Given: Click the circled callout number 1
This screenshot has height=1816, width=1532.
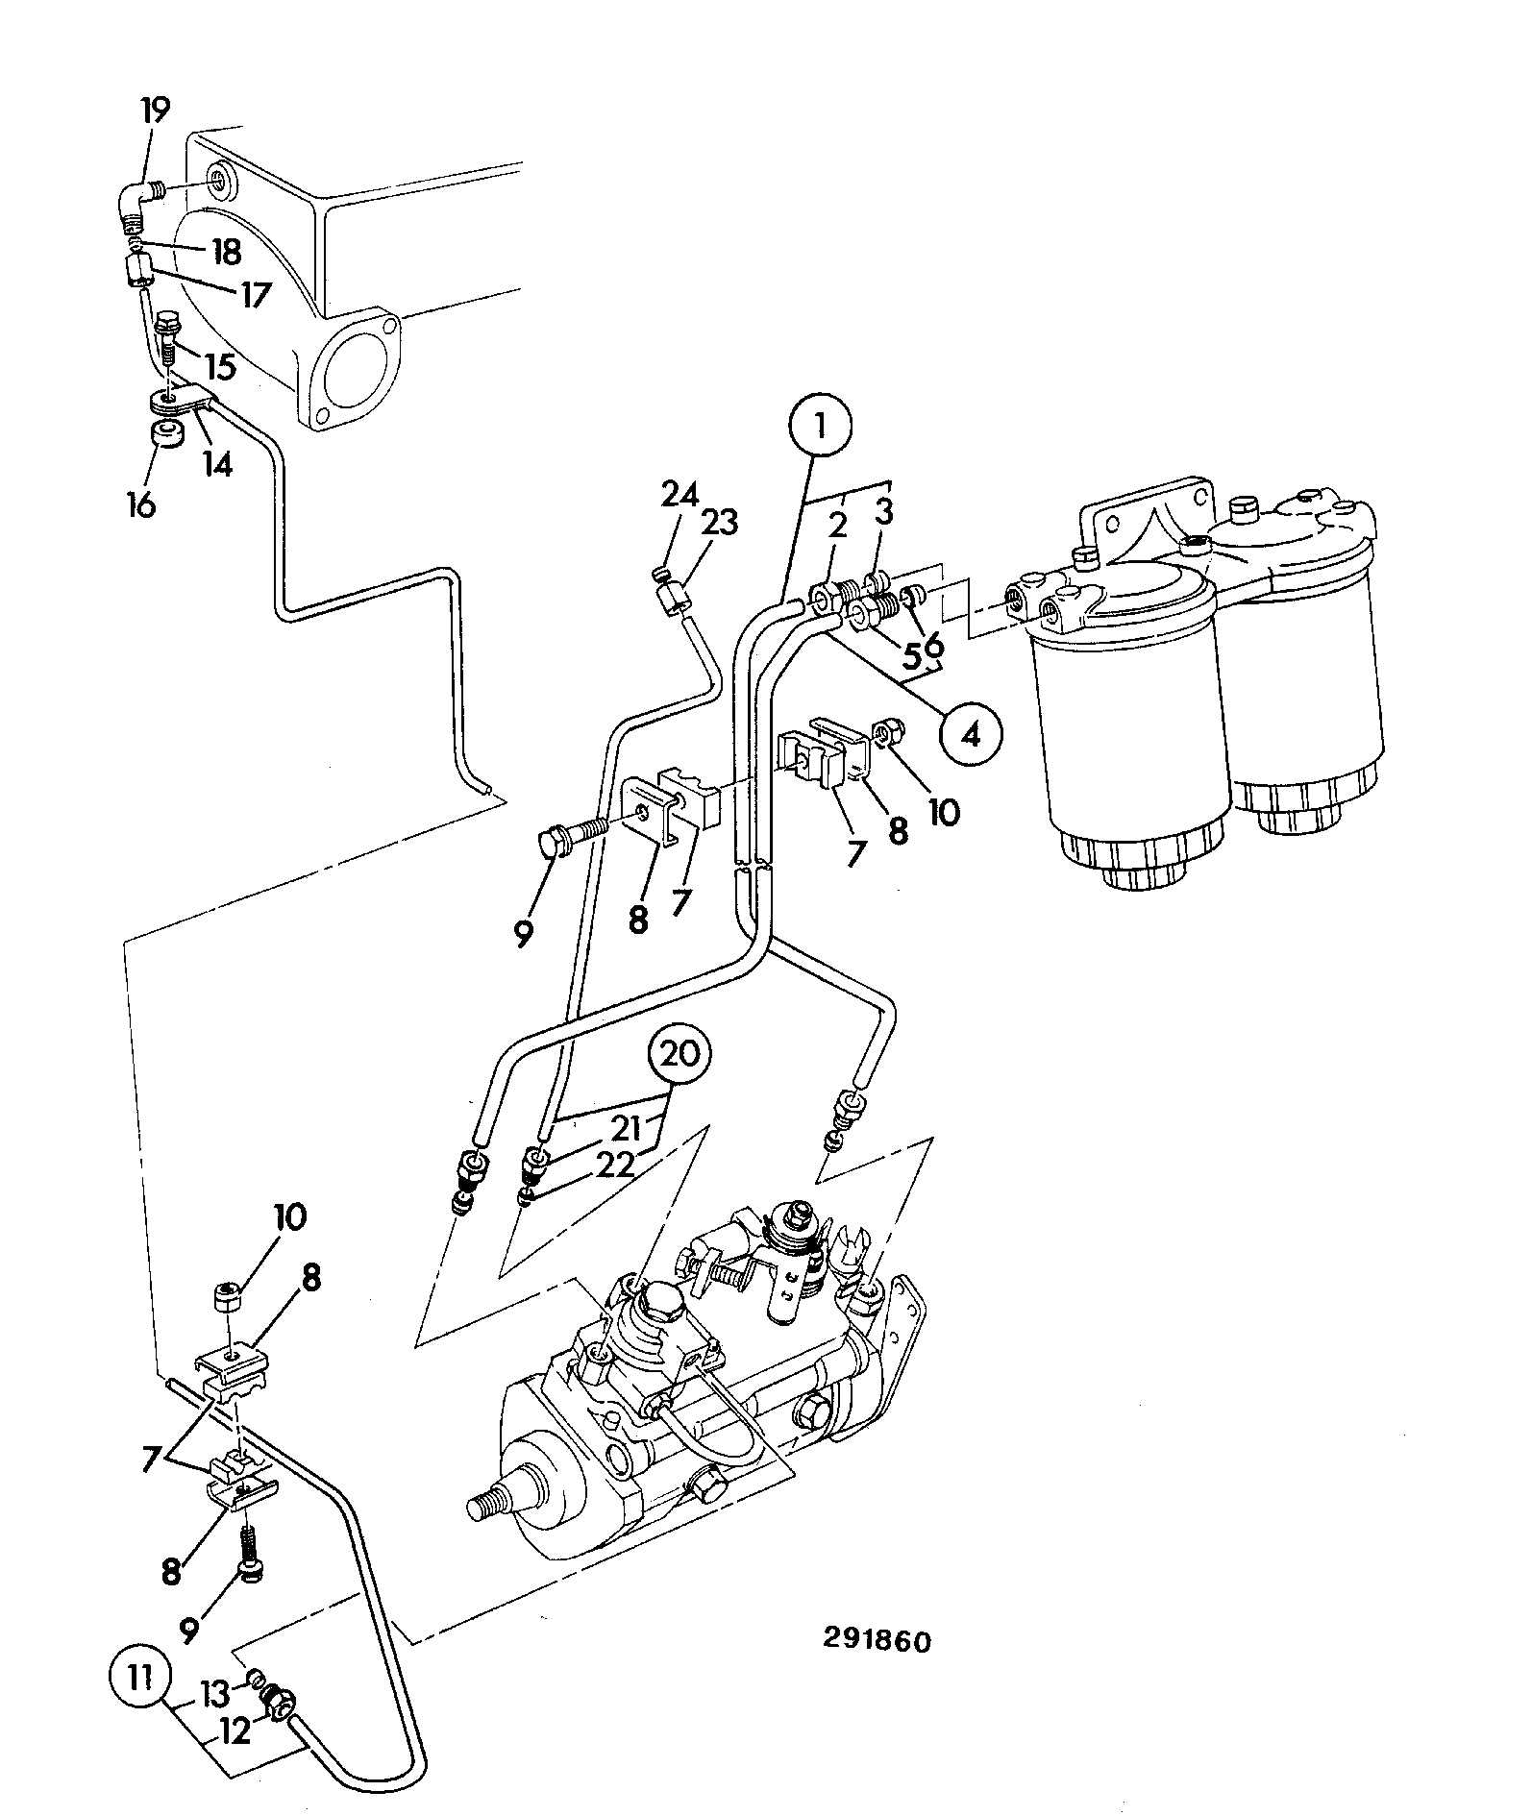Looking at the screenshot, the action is pos(821,426).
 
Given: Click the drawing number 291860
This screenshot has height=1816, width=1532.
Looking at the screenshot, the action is pos(877,1639).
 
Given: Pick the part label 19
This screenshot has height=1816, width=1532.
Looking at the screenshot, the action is pos(155,110).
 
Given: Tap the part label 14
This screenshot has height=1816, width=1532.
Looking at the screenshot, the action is pos(217,465).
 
